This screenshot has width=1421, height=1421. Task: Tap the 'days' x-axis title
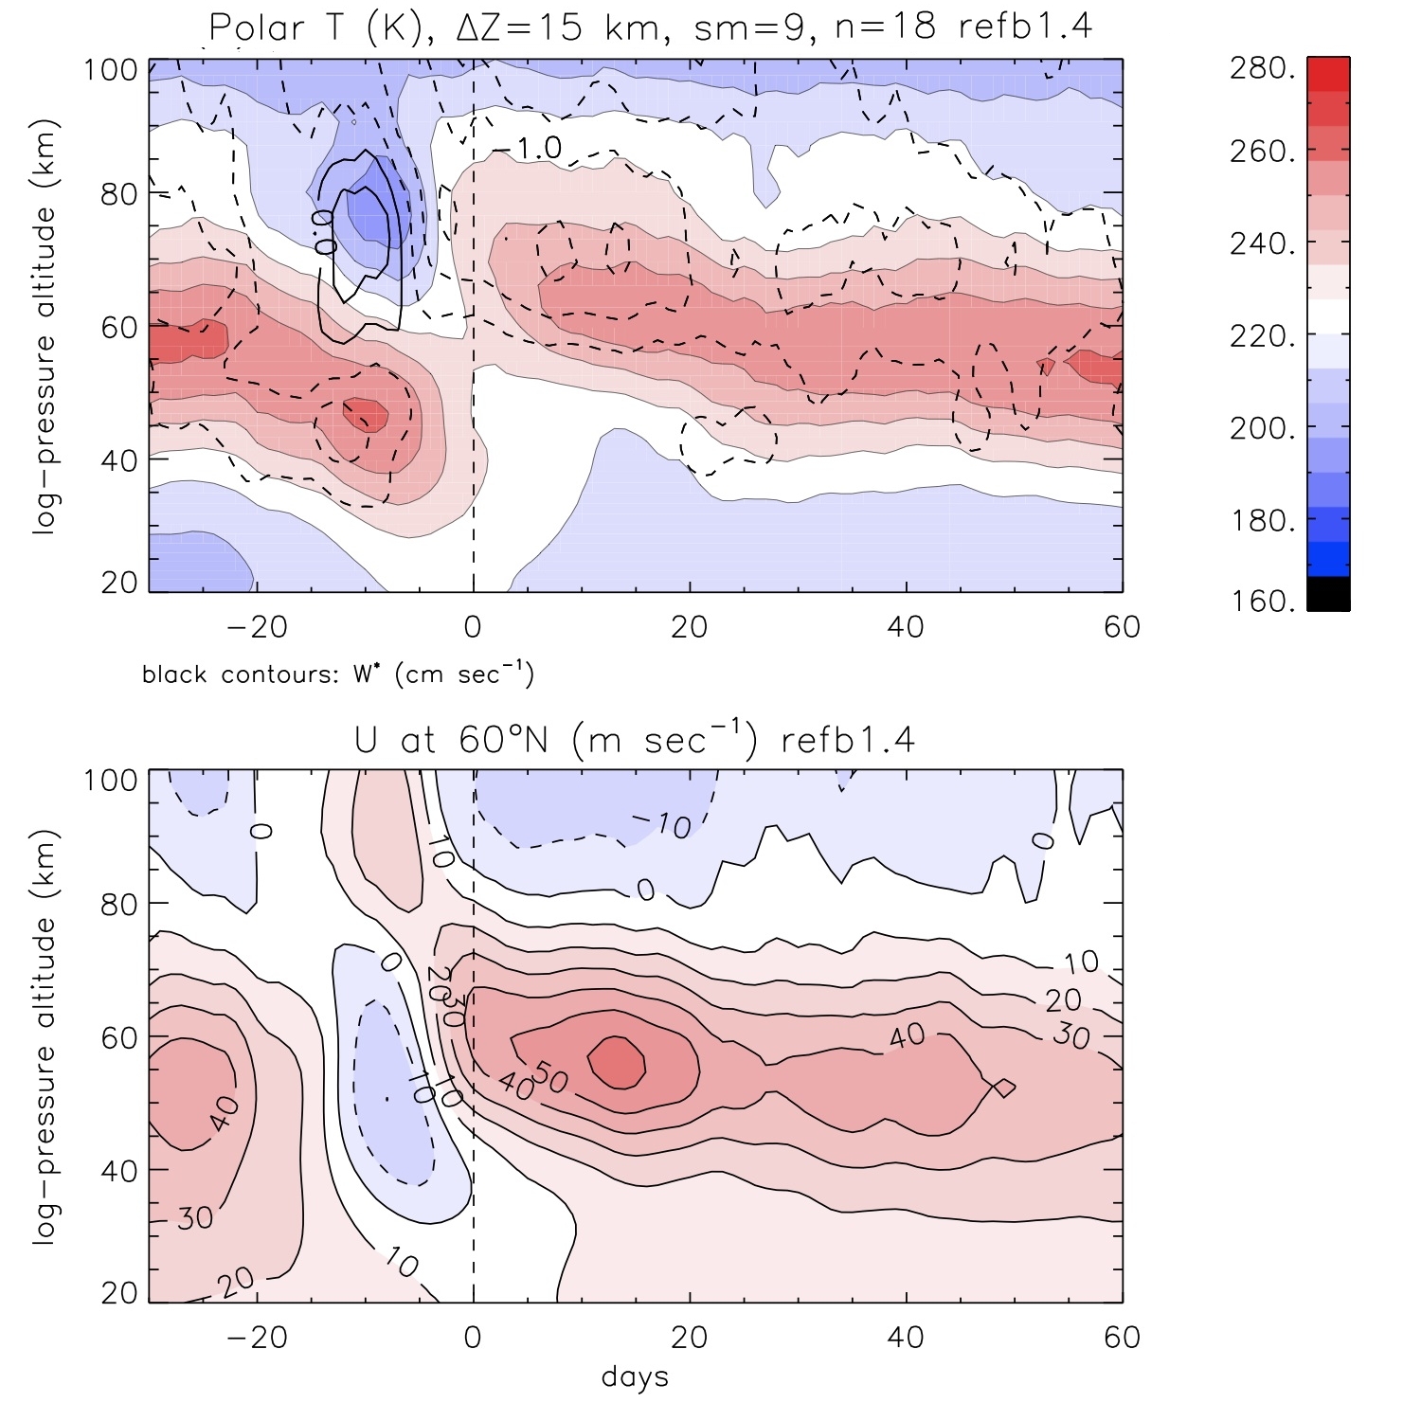point(635,1376)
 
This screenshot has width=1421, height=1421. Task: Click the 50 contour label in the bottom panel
point(549,1078)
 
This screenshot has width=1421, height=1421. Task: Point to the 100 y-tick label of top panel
point(112,70)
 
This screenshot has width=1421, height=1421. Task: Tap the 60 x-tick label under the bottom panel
point(1122,1337)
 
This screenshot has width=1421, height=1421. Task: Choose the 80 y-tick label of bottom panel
point(118,904)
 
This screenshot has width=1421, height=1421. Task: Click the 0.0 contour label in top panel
point(325,232)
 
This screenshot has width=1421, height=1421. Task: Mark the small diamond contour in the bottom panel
point(1004,1088)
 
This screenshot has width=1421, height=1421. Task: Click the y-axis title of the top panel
point(45,327)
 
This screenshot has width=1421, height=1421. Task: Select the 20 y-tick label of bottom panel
point(118,1293)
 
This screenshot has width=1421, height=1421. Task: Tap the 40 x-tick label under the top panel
point(906,626)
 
